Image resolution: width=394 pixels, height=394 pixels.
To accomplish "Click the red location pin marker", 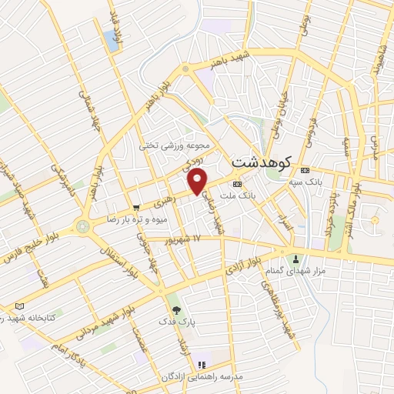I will point(199,182).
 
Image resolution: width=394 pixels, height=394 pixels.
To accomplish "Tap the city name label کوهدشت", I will point(259,163).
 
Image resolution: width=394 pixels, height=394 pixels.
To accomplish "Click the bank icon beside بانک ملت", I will point(236,185).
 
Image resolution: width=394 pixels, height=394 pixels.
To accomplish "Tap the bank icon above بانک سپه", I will point(306,170).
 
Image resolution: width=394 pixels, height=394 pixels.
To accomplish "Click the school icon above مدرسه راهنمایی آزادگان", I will point(202,365).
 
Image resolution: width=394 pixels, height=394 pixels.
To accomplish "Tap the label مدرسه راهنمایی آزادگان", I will point(202,376).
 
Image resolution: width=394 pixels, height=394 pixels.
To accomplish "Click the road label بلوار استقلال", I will point(118,269).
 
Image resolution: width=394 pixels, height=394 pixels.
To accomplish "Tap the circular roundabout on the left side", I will point(82,227).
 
